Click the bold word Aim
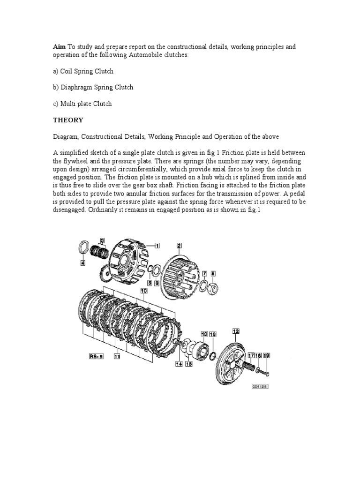tap(59, 47)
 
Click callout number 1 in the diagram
tap(157, 245)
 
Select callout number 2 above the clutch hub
tap(179, 245)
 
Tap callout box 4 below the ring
tap(82, 263)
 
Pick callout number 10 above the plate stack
tap(144, 291)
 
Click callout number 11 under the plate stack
tap(116, 356)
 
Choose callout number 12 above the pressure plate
tap(236, 331)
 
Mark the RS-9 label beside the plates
tap(96, 356)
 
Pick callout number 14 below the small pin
tap(179, 364)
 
